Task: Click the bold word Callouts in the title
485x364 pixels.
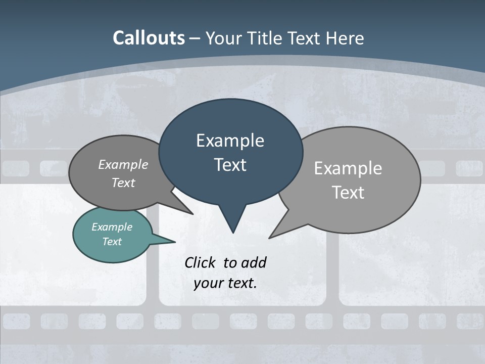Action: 149,38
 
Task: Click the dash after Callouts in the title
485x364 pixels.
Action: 195,38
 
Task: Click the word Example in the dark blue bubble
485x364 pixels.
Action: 230,141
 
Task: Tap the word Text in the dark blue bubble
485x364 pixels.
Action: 230,165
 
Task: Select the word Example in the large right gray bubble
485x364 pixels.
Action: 348,168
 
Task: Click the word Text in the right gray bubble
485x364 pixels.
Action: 348,193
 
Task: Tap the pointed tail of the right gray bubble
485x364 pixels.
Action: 273,235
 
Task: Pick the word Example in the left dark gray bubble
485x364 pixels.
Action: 123,165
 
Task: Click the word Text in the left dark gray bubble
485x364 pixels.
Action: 123,183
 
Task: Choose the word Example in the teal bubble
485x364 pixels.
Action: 112,227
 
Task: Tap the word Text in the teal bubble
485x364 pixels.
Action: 112,242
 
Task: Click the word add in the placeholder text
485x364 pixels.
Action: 253,262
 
